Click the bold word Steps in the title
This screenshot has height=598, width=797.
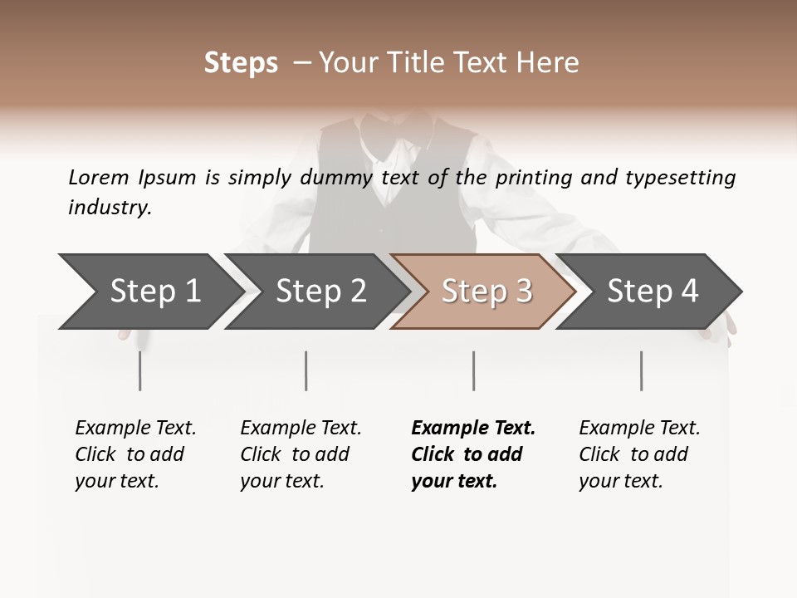[x=241, y=63]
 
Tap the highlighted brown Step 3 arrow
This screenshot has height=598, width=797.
[x=487, y=291]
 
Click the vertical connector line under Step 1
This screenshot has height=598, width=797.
[x=140, y=370]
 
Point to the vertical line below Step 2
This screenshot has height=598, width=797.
[x=306, y=370]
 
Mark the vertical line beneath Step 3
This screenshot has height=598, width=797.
[x=473, y=370]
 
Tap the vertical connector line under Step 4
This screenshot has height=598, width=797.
[x=641, y=370]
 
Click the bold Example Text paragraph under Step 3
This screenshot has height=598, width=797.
[x=473, y=454]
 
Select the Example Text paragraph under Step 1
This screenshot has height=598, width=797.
[x=135, y=454]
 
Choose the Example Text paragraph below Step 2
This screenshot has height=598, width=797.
[x=301, y=454]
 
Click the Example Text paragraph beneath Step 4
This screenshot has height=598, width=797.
[x=639, y=454]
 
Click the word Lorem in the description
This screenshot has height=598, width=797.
[x=99, y=178]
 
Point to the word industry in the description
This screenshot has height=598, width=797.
[x=110, y=208]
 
